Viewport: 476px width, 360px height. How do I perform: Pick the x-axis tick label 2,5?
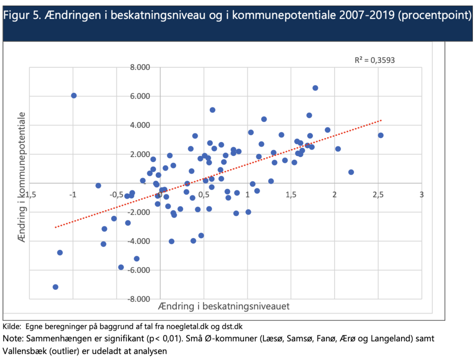click(378, 194)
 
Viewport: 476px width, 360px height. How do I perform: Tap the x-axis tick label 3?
click(422, 194)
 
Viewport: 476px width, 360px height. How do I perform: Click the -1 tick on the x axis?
click(73, 194)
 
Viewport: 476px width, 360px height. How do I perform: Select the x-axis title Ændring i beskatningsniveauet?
click(224, 306)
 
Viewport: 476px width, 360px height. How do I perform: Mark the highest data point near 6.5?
click(315, 88)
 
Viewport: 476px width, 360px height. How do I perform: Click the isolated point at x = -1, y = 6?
click(74, 95)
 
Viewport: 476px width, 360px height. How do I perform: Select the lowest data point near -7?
click(55, 287)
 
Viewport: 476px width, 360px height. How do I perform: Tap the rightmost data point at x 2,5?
click(381, 135)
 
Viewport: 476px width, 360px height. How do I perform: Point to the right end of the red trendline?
click(381, 120)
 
